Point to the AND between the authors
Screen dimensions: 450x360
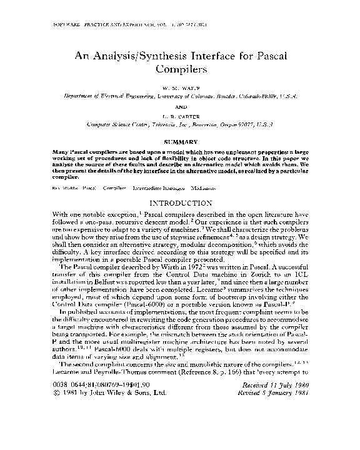coord(180,106)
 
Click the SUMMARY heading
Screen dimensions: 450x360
coord(180,142)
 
